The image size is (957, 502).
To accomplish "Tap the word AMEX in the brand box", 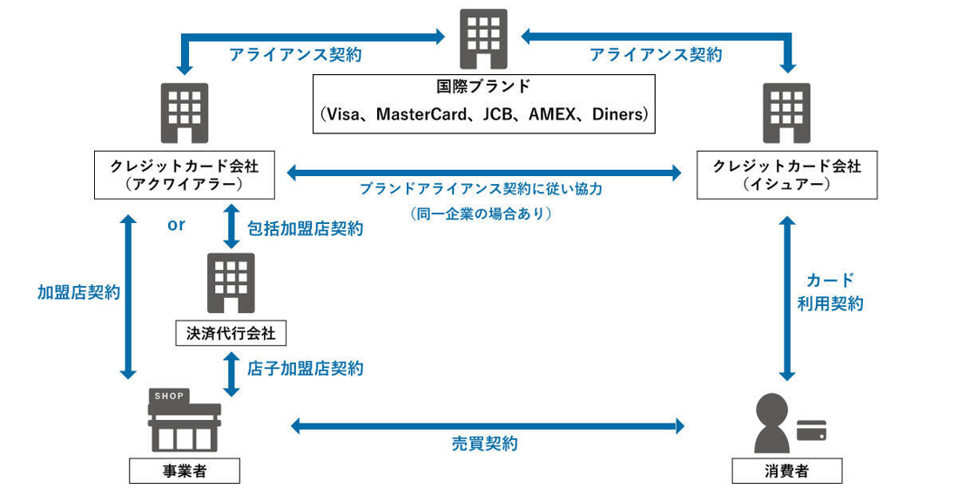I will [x=549, y=114].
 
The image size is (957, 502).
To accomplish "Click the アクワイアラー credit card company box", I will [x=185, y=174].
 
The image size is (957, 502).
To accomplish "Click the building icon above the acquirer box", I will [x=185, y=114].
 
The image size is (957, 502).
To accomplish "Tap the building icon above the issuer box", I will [x=787, y=114].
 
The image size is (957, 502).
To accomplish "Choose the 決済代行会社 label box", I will [x=230, y=332].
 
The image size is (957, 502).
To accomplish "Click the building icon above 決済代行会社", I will [x=230, y=282].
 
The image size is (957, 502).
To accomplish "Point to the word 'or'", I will [x=176, y=225].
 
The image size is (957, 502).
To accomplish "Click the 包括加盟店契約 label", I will [x=306, y=229].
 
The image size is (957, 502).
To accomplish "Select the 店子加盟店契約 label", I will [x=306, y=369].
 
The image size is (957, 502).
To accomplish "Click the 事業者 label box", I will [x=184, y=471].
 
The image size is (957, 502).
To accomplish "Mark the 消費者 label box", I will [x=787, y=471].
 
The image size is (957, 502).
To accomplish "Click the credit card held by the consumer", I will [x=812, y=430].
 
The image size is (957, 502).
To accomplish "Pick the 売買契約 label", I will [x=484, y=444].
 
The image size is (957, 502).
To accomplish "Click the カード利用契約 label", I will [x=830, y=292].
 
